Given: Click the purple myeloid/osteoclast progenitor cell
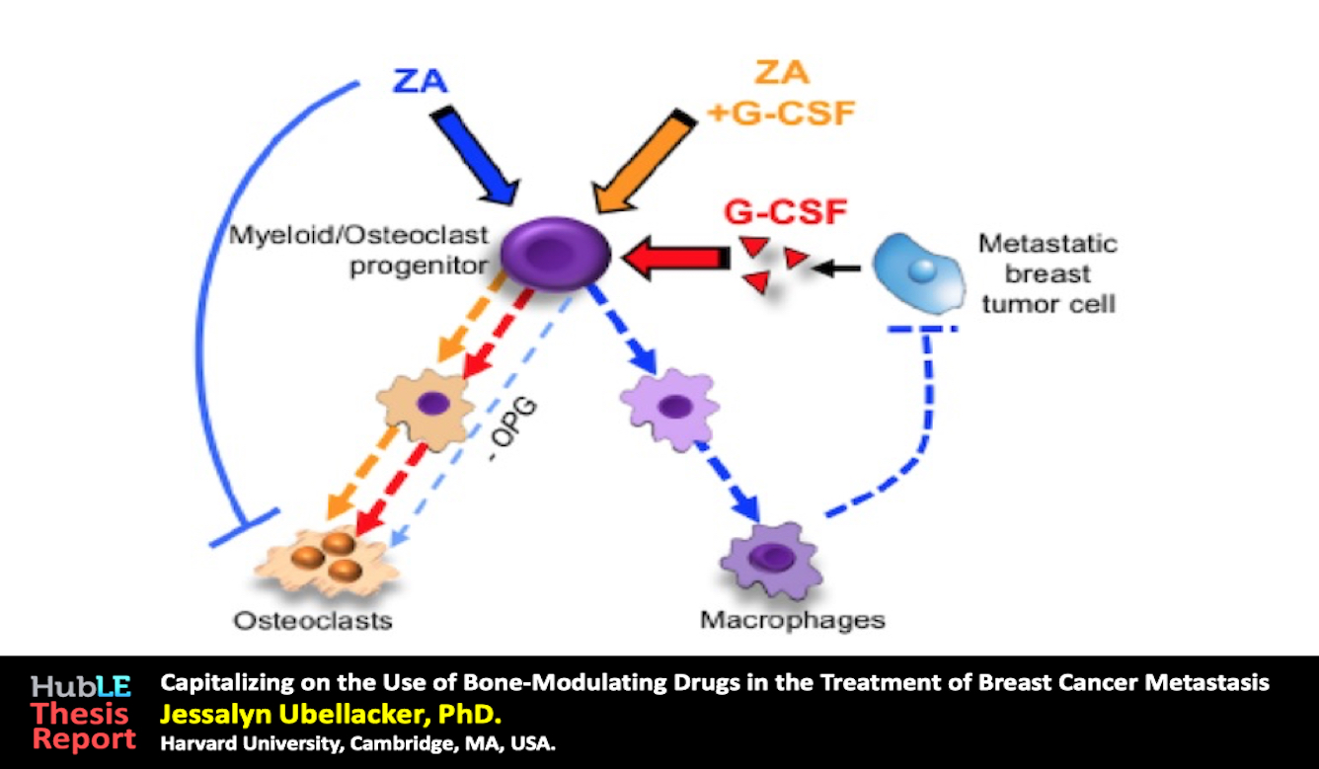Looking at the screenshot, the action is (x=555, y=253).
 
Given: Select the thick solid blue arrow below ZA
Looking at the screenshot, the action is (x=475, y=156).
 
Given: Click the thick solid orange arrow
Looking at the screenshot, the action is (x=645, y=160).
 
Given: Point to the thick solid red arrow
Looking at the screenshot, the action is (x=676, y=258).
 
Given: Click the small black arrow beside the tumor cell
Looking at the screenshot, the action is (x=836, y=269).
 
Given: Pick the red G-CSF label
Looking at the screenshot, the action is (x=786, y=212).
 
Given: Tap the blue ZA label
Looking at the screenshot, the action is (x=420, y=81).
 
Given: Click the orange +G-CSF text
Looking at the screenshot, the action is (x=781, y=114).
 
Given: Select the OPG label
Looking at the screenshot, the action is (x=513, y=428).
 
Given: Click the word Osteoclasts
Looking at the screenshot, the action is (x=313, y=621).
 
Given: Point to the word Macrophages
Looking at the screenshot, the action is (x=793, y=621).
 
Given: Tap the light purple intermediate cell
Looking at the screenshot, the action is (x=670, y=409).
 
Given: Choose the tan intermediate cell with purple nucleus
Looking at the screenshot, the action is (x=426, y=409).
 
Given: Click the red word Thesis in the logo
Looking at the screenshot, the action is (x=80, y=714).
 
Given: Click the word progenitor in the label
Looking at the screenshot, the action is (x=419, y=267).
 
